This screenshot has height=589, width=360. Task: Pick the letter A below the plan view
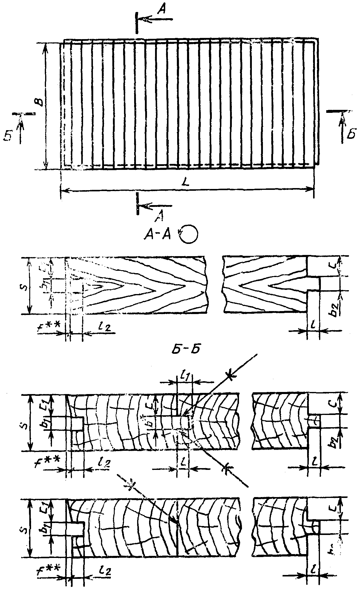pyautogui.click(x=160, y=216)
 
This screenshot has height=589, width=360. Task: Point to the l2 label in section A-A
pyautogui.click(x=104, y=327)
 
